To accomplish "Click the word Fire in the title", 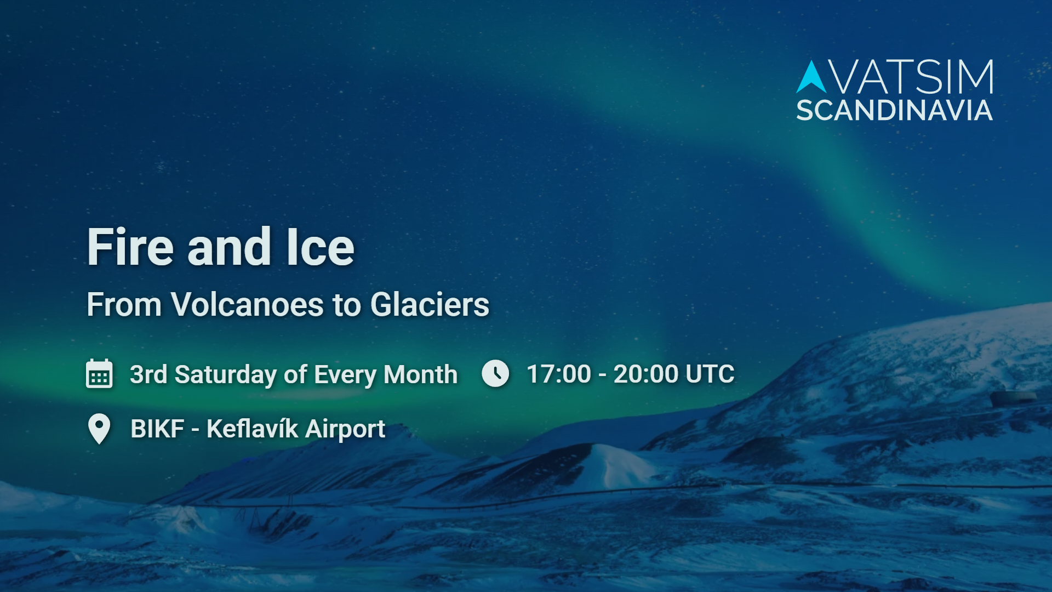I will point(130,248).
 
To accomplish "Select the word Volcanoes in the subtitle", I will point(247,305).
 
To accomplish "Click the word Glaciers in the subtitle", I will point(430,305).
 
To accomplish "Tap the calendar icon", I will point(99,374).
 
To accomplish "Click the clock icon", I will point(495,374).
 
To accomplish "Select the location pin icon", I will point(99,429).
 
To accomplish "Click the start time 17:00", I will point(558,374).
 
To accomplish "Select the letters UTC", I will point(710,374).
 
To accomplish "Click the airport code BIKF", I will point(157,429).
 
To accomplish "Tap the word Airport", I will point(345,429).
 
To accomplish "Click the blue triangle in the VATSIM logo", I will point(811,78).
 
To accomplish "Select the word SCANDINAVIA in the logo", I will point(894,111).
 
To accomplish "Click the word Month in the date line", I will point(420,375).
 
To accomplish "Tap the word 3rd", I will point(148,375).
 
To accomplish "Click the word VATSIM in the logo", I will point(912,78).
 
